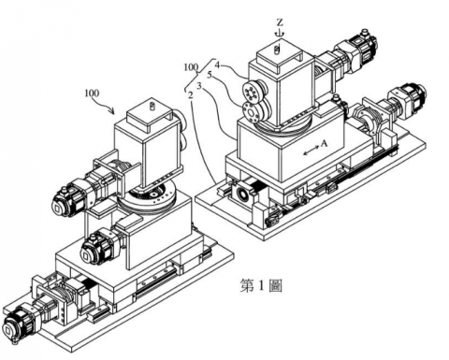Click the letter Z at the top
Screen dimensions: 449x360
280,22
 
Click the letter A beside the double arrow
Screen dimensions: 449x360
325,143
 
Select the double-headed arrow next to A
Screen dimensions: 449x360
311,151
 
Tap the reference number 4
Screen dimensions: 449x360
217,65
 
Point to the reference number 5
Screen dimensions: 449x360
210,75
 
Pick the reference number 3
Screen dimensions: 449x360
200,85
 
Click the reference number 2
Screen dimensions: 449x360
190,95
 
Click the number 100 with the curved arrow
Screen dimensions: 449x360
92,94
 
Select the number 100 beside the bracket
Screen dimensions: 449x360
191,67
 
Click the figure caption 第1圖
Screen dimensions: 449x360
261,285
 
